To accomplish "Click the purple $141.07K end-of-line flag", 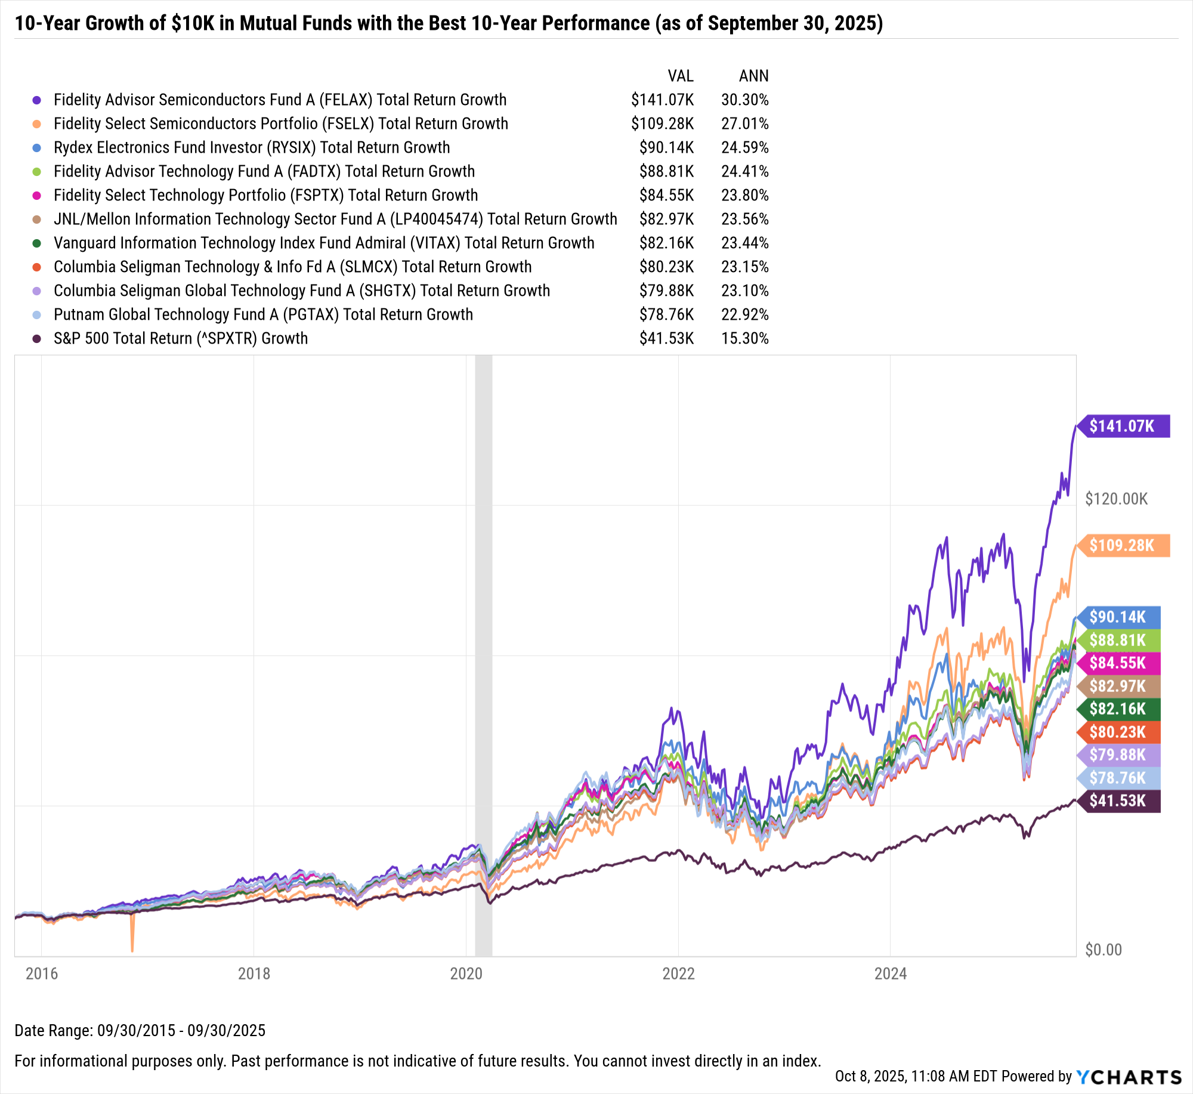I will click(1123, 426).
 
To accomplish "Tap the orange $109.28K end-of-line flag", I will click(1123, 545).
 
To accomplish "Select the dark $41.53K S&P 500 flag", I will click(1118, 801).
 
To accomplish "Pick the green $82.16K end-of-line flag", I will click(1118, 709).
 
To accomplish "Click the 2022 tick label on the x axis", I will click(678, 974).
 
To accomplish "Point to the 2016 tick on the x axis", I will click(42, 974).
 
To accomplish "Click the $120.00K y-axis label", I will click(1116, 499).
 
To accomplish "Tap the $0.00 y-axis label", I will click(1103, 950).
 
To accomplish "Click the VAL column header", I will click(680, 76).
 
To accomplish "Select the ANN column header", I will click(753, 76).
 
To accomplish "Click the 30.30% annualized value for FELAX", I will click(744, 100).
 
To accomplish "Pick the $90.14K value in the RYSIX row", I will click(666, 147).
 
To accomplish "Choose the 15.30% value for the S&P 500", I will click(744, 338).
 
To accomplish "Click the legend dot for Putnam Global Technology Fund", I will click(37, 315).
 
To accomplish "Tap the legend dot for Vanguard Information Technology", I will click(37, 243).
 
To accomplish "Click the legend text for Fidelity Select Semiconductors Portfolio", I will click(280, 123).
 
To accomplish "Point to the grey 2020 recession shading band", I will click(483, 597).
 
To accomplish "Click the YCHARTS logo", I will click(1129, 1077).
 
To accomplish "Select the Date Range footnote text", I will click(140, 1030).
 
